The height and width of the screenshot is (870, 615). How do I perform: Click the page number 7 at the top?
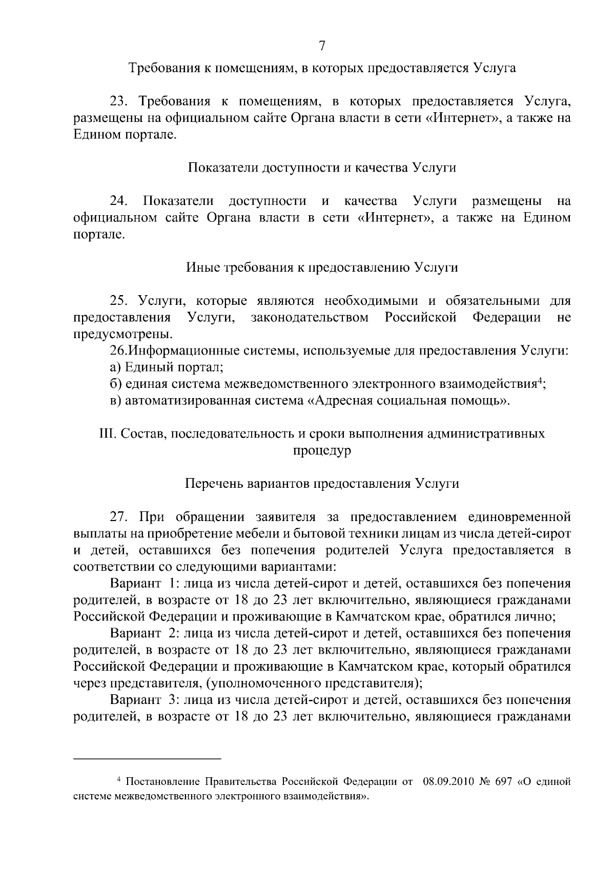click(x=322, y=46)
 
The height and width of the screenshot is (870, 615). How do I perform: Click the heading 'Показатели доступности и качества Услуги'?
click(x=322, y=168)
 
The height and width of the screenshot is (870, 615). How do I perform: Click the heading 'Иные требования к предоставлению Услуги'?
click(x=322, y=267)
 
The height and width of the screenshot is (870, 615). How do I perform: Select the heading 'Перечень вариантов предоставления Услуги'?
click(x=322, y=484)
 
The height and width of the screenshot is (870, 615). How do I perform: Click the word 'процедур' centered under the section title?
click(x=322, y=451)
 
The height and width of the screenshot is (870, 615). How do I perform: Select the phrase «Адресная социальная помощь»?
click(x=408, y=400)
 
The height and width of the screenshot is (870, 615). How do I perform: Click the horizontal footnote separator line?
click(x=147, y=758)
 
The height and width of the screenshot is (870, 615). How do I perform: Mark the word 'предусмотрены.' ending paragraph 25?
click(x=116, y=335)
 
